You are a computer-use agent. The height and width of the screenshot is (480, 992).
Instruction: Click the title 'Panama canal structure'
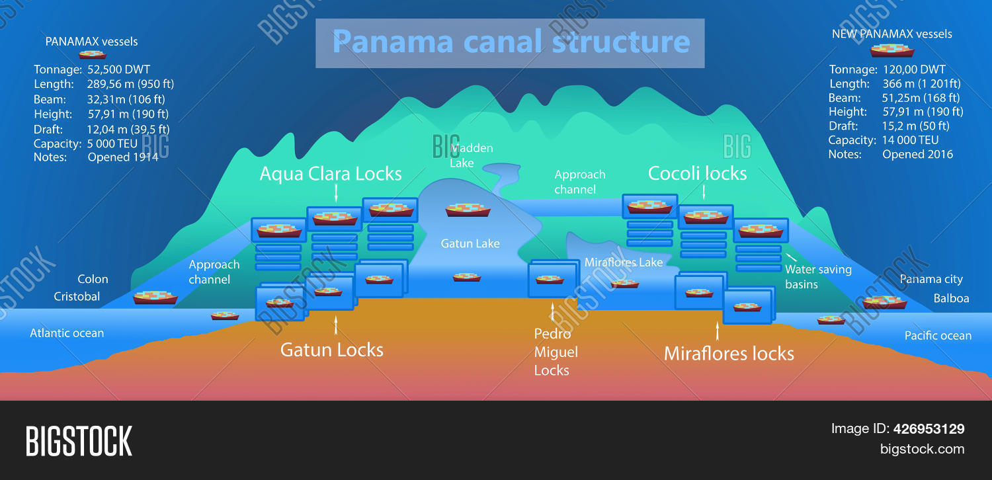click(x=510, y=42)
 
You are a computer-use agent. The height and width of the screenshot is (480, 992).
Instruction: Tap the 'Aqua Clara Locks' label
click(x=331, y=174)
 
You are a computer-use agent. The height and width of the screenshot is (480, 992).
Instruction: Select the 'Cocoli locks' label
click(x=697, y=174)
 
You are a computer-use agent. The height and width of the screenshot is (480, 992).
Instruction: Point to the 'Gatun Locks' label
click(x=332, y=350)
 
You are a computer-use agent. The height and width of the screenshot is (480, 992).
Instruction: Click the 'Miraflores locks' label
click(x=729, y=354)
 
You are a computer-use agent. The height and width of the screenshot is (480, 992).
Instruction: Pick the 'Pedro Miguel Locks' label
click(x=556, y=352)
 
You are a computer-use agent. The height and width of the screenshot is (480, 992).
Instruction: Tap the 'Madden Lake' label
click(x=471, y=155)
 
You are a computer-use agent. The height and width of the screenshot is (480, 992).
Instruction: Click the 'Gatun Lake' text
click(x=470, y=244)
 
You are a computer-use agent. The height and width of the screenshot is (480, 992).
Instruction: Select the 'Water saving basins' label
click(x=818, y=277)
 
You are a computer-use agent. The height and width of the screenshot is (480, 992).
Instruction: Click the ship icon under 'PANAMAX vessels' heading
click(x=93, y=55)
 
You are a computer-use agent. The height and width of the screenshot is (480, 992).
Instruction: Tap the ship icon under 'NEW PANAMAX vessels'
click(x=892, y=50)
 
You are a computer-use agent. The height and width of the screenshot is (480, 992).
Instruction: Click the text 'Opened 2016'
click(x=917, y=155)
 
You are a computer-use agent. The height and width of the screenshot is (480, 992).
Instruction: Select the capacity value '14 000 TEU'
click(x=910, y=140)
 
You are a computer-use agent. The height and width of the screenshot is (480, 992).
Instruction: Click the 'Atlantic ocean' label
click(x=67, y=333)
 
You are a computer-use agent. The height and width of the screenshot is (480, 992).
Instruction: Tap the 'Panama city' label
click(x=931, y=280)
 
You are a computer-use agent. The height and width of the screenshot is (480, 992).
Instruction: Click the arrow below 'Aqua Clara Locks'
click(x=336, y=192)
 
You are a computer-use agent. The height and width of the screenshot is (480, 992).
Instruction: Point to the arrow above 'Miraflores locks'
click(x=718, y=331)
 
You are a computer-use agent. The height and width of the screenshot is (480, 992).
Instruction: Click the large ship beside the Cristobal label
click(x=155, y=298)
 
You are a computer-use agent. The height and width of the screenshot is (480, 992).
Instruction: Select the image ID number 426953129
click(x=929, y=429)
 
